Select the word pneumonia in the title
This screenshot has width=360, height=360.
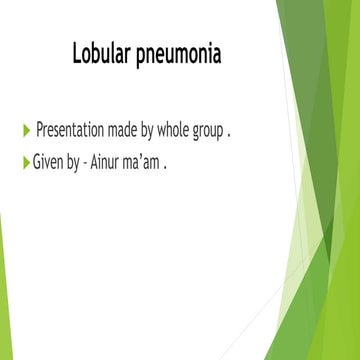pos(182,52)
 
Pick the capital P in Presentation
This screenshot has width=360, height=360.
pos(40,130)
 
